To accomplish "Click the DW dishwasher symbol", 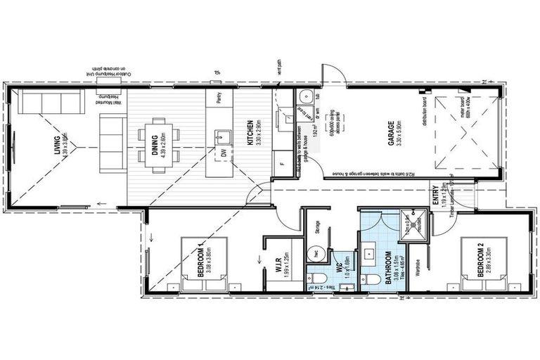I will (224, 153).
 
